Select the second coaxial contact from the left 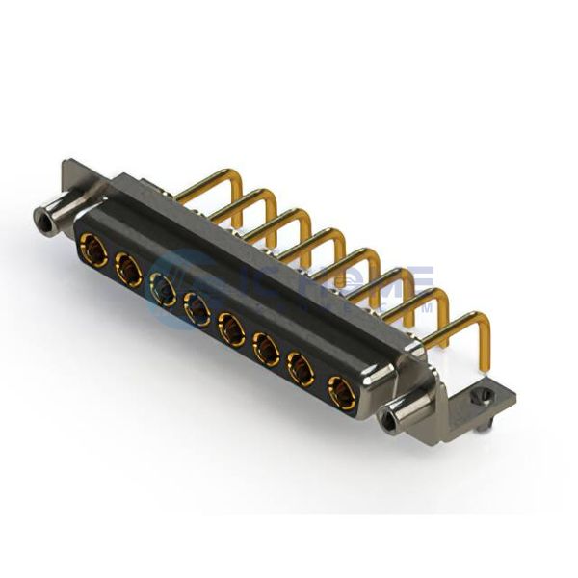(x=129, y=269)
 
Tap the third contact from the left (x=163, y=289)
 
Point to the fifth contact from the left (x=232, y=329)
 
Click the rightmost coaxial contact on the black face (x=340, y=392)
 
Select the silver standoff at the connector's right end (x=397, y=417)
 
